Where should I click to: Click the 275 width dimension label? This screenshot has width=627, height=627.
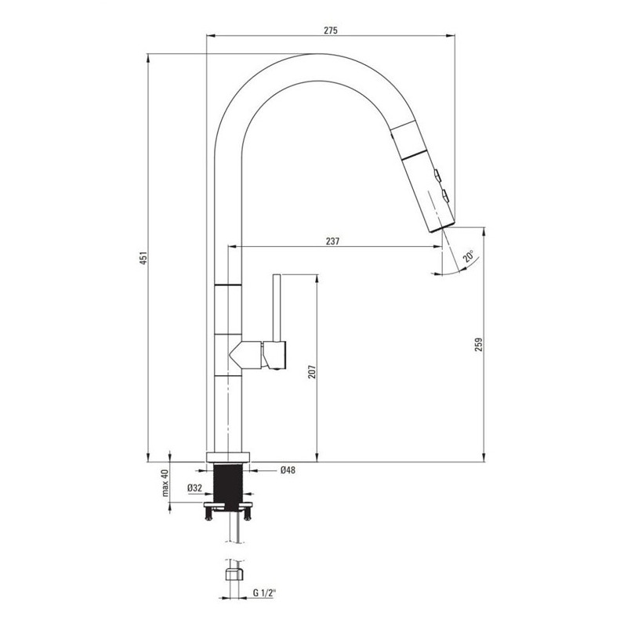point(331,30)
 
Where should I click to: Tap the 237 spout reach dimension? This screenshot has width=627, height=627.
point(332,241)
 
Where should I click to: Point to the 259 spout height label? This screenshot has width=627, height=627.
point(479,344)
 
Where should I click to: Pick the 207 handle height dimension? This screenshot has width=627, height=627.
point(312,371)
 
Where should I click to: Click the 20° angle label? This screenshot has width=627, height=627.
point(468,256)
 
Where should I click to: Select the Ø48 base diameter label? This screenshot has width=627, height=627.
point(288,470)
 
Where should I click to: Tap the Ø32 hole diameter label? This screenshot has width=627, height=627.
point(194,487)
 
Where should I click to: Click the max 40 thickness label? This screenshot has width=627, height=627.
point(165,483)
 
